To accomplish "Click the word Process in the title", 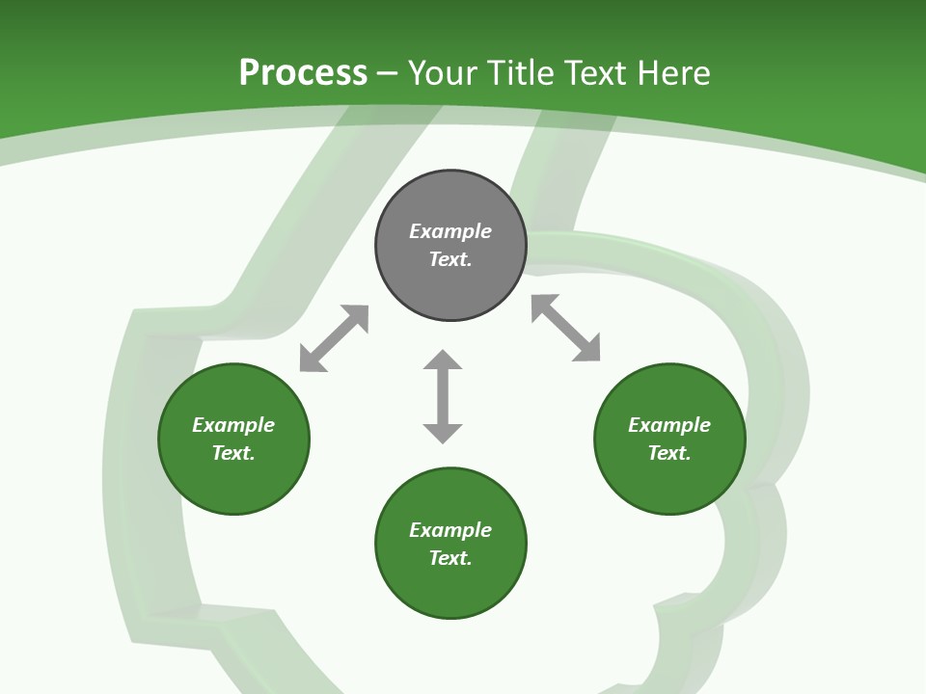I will click(x=303, y=73).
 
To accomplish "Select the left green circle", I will click(x=233, y=482).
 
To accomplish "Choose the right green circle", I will click(x=669, y=482).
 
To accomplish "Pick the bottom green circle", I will click(x=450, y=588).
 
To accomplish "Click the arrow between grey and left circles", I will click(x=334, y=338).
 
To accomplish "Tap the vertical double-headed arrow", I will click(x=443, y=396).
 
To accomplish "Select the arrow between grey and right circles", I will click(x=566, y=328).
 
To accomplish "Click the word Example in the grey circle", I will click(x=450, y=231).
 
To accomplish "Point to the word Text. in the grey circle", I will click(x=450, y=259).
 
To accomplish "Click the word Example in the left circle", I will click(x=233, y=425).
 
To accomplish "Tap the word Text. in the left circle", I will click(x=233, y=453).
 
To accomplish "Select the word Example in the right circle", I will click(x=669, y=425).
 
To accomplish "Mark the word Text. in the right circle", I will click(x=669, y=453).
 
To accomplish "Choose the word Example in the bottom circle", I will click(x=450, y=530).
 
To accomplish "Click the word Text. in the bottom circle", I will click(x=450, y=558).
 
